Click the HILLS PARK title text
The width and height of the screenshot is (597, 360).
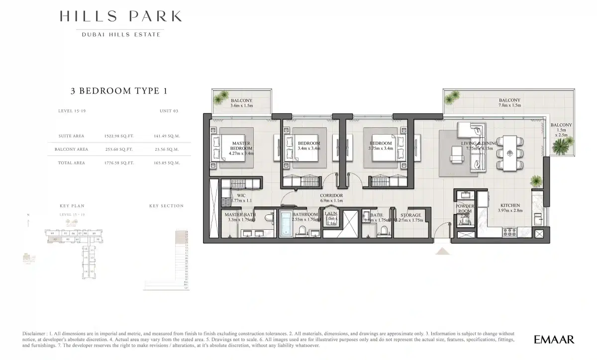tap(120, 16)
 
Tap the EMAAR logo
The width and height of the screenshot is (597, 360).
tap(554, 340)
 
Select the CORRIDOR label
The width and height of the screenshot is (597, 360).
tap(331, 196)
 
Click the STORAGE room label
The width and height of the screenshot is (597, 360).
tap(410, 215)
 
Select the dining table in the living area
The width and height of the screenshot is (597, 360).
tap(510, 153)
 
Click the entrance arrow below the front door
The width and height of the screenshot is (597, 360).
tap(442, 251)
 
